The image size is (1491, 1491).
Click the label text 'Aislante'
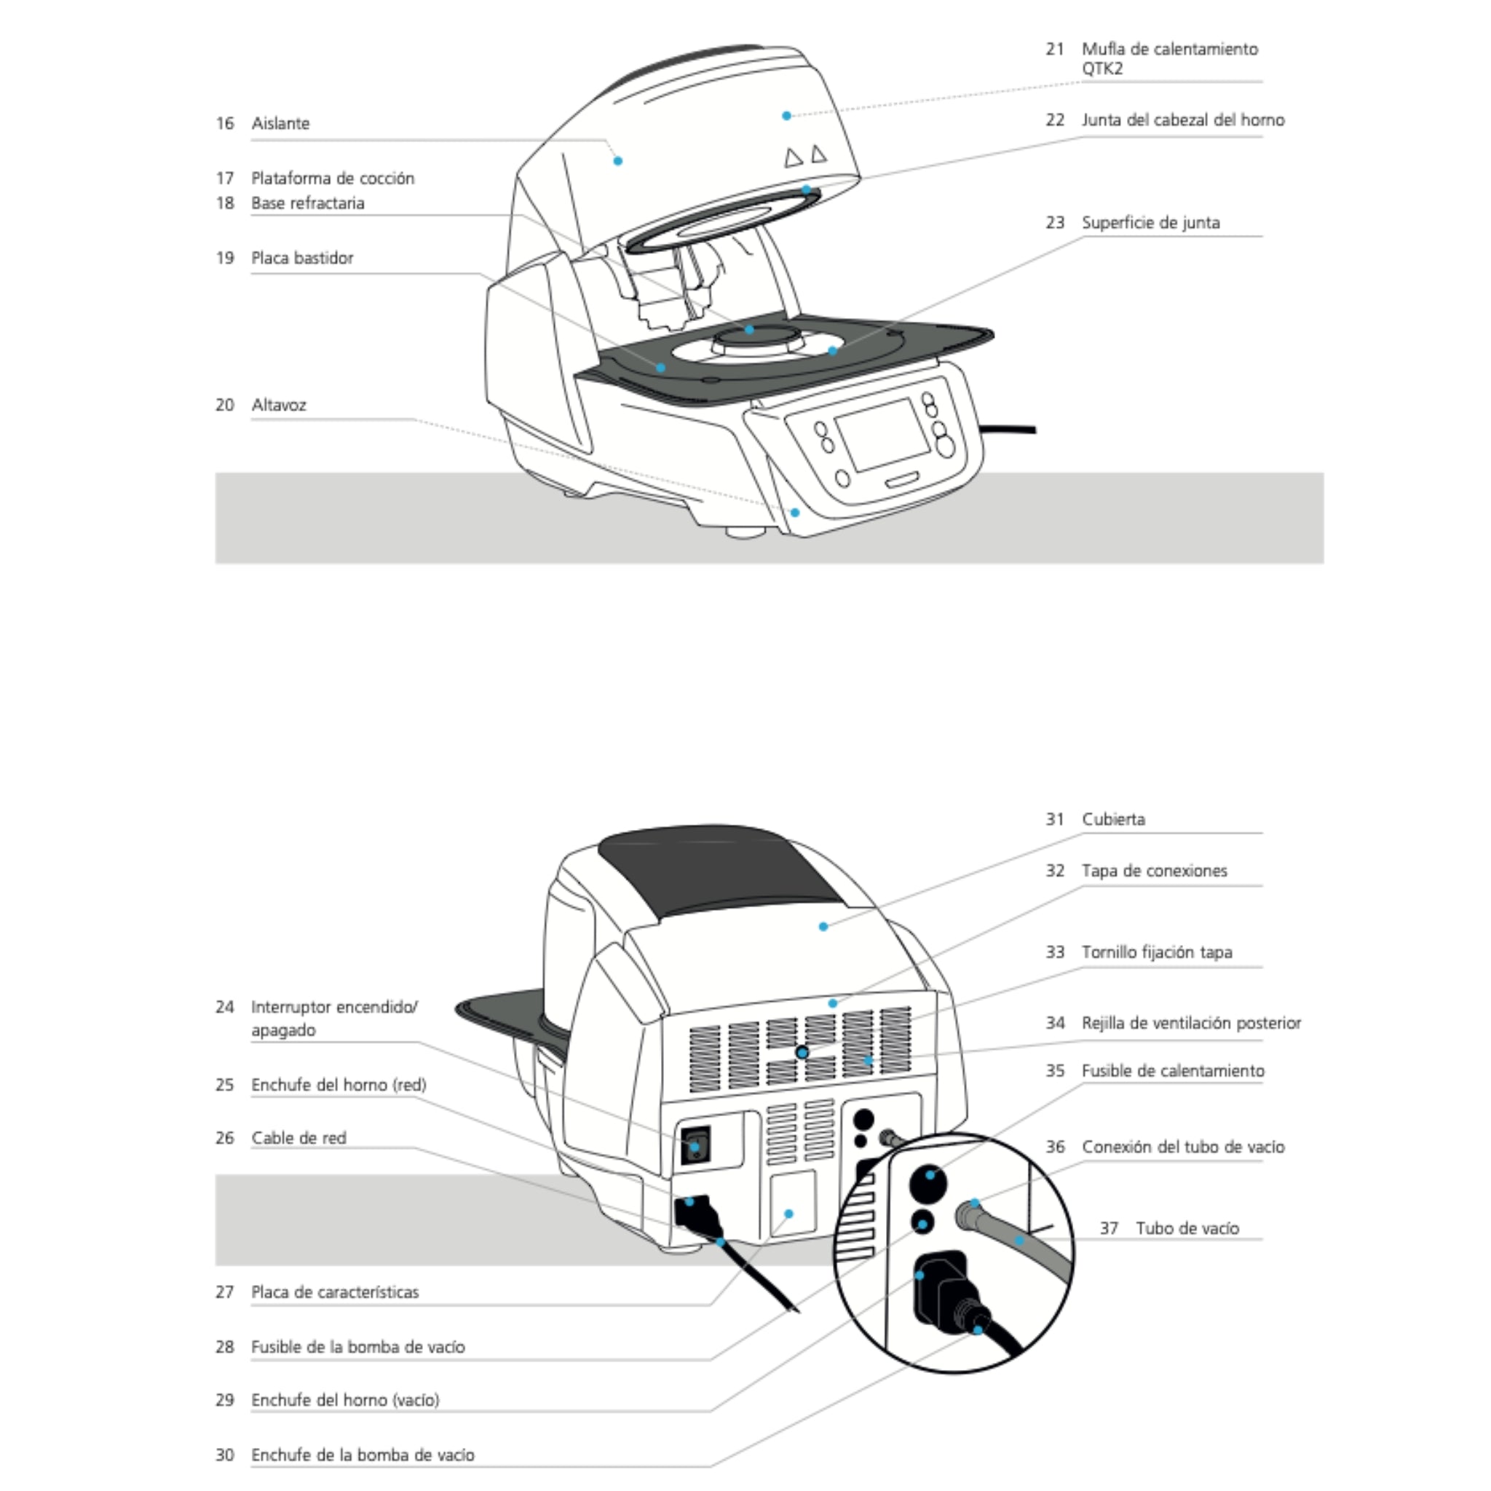(x=280, y=124)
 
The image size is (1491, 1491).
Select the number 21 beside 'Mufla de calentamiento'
(x=1055, y=50)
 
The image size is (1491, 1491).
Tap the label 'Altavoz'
(x=279, y=406)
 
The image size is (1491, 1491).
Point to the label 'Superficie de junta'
(x=1151, y=223)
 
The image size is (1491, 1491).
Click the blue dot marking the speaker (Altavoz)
(x=795, y=513)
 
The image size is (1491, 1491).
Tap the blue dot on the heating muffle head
(x=786, y=116)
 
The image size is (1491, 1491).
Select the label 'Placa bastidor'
(x=303, y=258)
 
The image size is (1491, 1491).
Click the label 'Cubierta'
(x=1114, y=820)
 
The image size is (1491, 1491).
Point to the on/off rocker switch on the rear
(x=695, y=1146)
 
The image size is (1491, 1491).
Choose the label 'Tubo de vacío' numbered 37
(x=1187, y=1229)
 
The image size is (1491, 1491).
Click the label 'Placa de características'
(x=335, y=1293)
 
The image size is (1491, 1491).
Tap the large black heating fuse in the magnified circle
(x=930, y=1183)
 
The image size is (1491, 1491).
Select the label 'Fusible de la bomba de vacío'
(x=358, y=1348)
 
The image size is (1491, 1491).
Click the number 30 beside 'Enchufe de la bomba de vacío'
(x=224, y=1455)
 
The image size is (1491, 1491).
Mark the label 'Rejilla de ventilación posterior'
(x=1192, y=1024)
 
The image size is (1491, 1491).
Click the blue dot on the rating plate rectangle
(x=788, y=1214)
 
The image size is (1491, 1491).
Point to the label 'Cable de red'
(x=298, y=1139)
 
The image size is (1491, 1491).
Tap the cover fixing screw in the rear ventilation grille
(x=802, y=1053)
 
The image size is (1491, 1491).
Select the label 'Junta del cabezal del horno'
(x=1183, y=120)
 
